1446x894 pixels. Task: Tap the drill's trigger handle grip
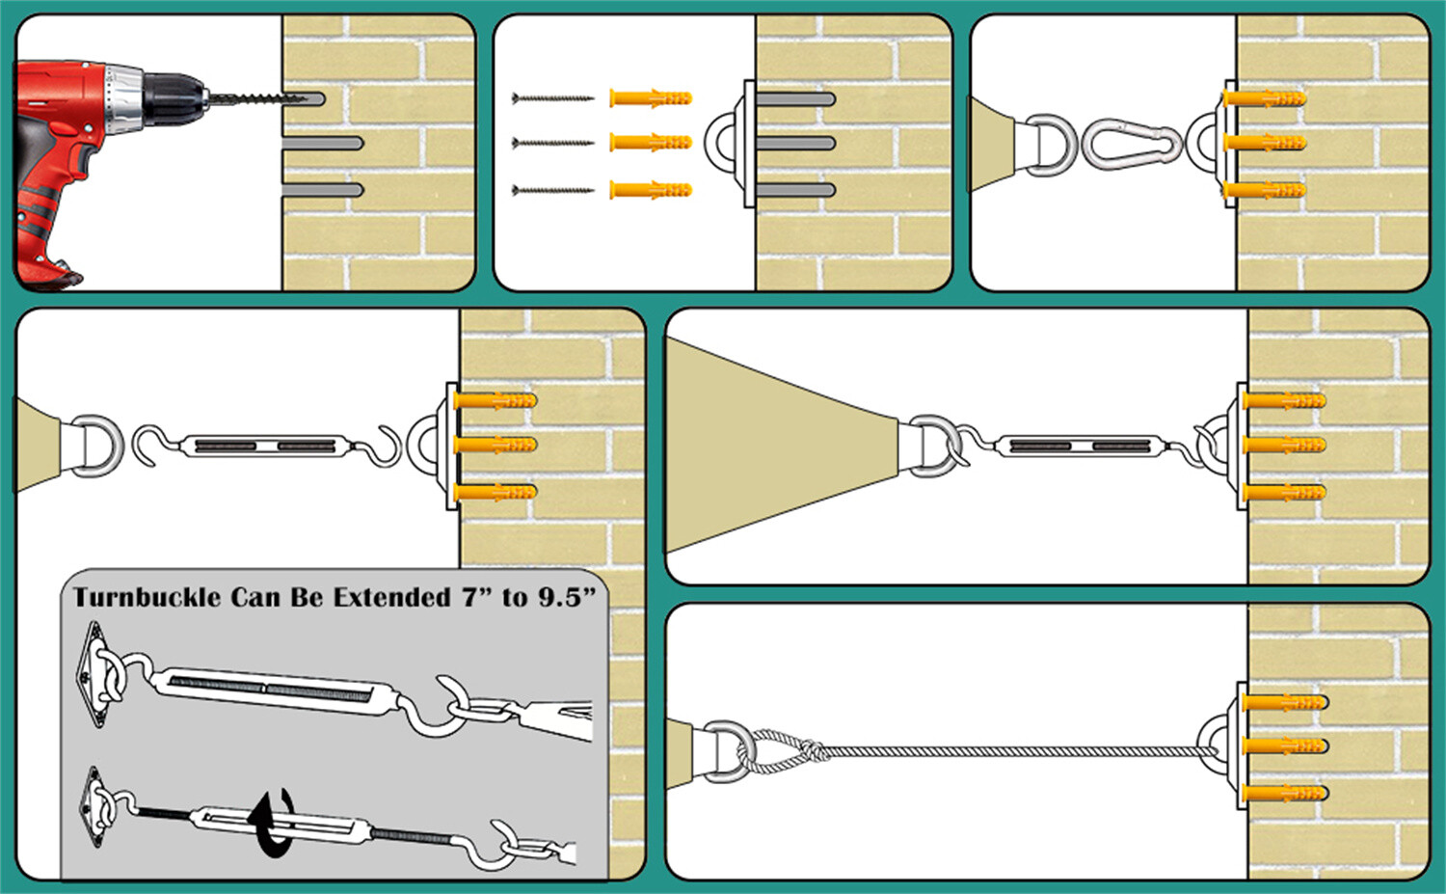43,193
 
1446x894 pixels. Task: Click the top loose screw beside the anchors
552,98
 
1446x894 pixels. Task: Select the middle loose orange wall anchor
650,143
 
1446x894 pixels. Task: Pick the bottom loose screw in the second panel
552,190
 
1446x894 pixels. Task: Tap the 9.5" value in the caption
565,598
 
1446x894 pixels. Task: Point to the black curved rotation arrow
274,821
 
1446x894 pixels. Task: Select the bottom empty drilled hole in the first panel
323,190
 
